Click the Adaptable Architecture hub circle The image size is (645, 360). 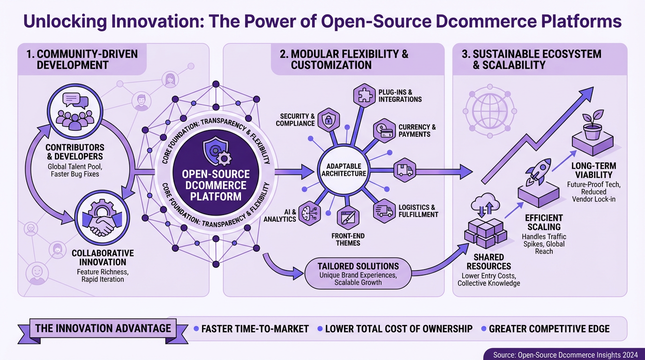344,170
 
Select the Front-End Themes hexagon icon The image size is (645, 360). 348,217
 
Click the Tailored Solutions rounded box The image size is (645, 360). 358,272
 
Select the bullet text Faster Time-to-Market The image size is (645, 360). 255,329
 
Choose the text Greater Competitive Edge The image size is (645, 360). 549,329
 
